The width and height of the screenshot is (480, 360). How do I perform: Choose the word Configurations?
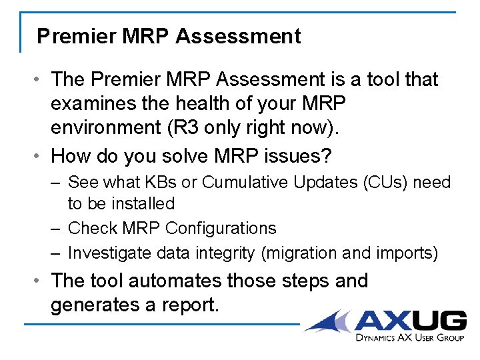[x=221, y=228]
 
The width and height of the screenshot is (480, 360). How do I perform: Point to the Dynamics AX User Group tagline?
[x=410, y=339]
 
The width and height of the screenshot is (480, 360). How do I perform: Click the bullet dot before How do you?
[x=41, y=156]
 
